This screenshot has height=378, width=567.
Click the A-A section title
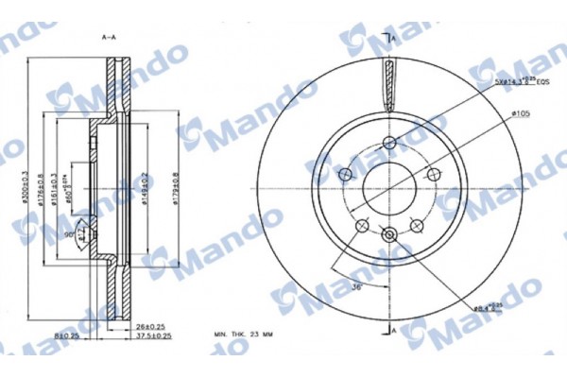[x=108, y=37]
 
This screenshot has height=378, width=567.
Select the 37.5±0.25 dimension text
[x=151, y=336]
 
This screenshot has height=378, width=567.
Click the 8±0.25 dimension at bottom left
[x=65, y=336]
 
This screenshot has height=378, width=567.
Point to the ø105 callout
[x=519, y=114]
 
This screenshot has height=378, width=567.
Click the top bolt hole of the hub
[x=389, y=144]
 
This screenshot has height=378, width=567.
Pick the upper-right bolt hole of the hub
[x=434, y=175]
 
